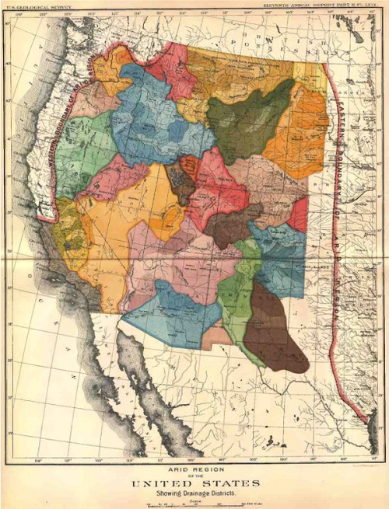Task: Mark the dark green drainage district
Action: (x=249, y=120)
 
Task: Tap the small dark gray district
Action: (x=181, y=185)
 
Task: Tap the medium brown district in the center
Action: (x=230, y=225)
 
